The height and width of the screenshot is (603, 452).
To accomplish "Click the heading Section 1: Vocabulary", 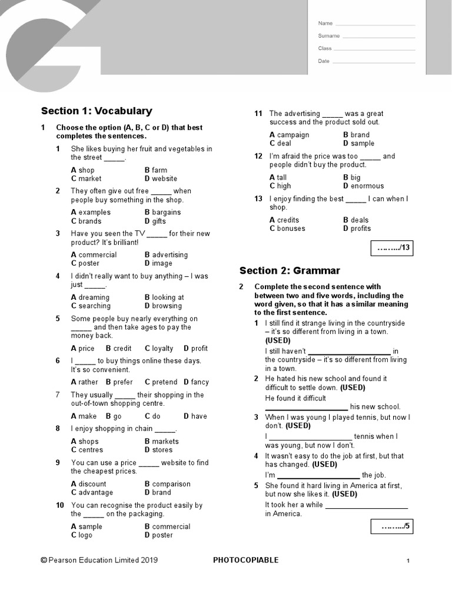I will click(x=97, y=111).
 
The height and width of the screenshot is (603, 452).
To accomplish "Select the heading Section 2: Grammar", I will click(x=290, y=271).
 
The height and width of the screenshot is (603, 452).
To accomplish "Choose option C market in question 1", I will click(x=86, y=178).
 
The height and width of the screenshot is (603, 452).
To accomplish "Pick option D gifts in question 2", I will click(x=155, y=221).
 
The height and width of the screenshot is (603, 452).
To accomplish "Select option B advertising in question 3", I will click(x=166, y=254).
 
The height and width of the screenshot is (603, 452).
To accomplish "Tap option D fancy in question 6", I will click(x=195, y=382).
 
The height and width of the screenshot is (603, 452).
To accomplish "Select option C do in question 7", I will click(x=152, y=416).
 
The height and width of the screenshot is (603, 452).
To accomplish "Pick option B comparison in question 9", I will click(x=167, y=484).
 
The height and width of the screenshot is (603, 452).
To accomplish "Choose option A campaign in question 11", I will click(x=289, y=135).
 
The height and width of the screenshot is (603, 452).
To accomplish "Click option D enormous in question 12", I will click(x=363, y=186).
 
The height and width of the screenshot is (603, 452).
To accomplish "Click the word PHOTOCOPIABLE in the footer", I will click(x=245, y=560).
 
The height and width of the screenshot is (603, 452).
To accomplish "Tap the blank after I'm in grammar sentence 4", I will click(x=318, y=475).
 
